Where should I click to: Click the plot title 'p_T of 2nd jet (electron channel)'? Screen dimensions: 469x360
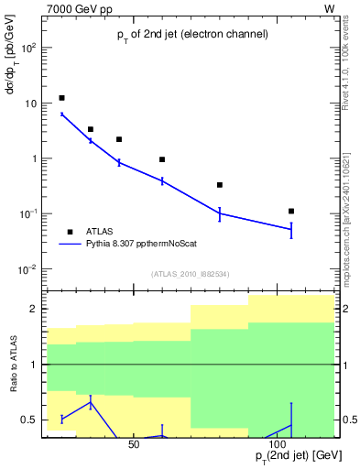[191, 35]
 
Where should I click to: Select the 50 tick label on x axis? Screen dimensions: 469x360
[134, 444]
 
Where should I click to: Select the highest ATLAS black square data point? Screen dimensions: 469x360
[61, 98]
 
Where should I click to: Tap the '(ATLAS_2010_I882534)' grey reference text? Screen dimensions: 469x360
[191, 274]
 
